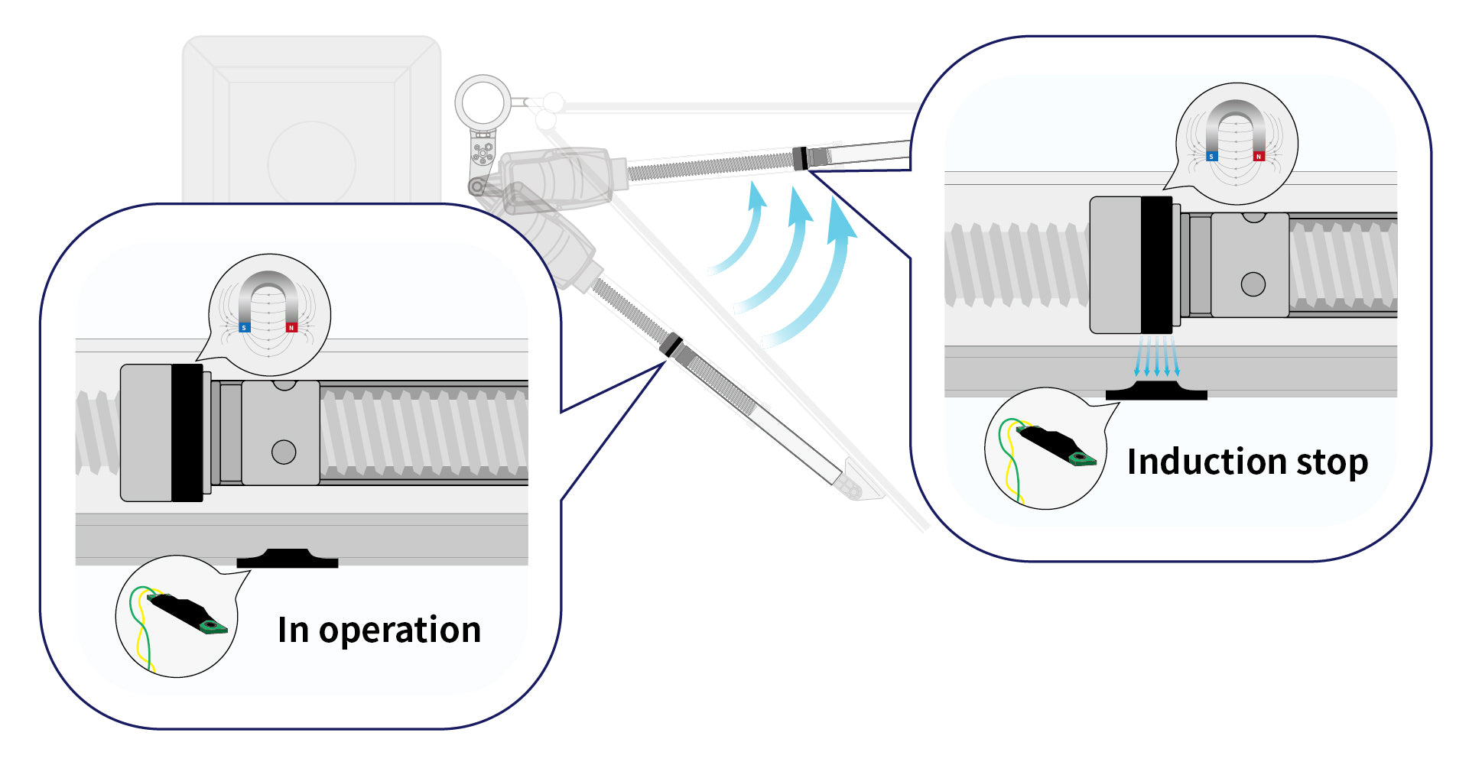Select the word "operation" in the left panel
[399, 630]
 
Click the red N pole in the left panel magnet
[291, 327]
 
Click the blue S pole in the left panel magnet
[245, 327]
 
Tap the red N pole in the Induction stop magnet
[1258, 156]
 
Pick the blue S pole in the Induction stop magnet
[1211, 156]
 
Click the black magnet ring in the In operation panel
[187, 433]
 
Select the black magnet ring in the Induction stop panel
[1155, 264]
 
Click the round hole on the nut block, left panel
[284, 452]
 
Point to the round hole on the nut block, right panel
[1253, 284]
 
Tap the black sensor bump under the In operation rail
[287, 559]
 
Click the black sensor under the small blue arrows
[1156, 391]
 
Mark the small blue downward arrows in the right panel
[1156, 356]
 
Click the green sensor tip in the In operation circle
[212, 627]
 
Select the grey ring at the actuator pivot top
[483, 101]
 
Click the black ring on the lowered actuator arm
[671, 345]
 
